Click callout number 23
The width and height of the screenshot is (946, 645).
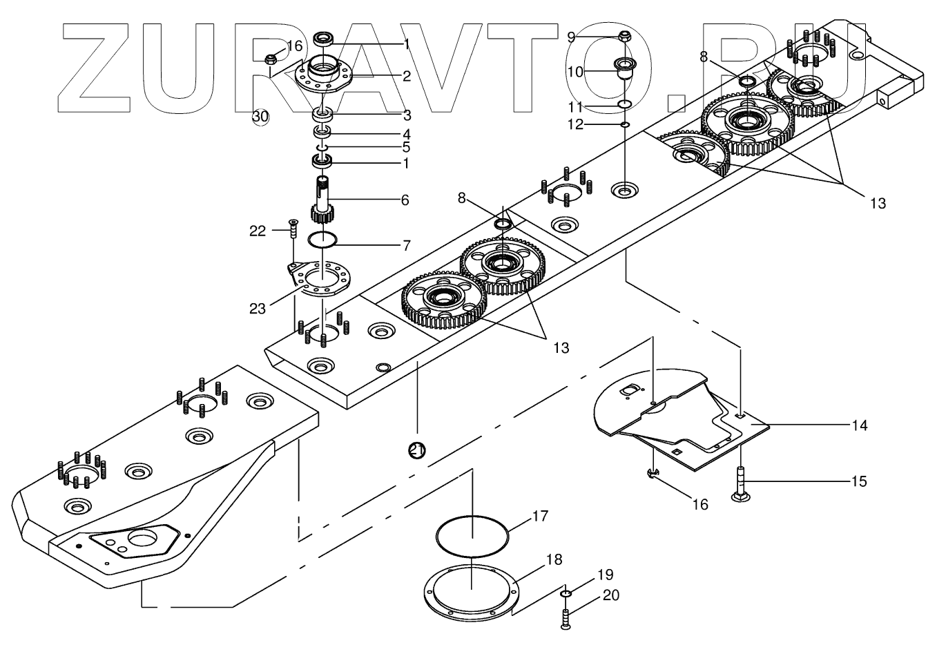point(258,309)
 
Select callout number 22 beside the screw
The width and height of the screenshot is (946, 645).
point(258,231)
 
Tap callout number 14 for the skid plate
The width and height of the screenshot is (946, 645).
point(859,425)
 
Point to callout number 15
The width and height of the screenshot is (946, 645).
point(858,481)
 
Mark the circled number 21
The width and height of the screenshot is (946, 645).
point(416,450)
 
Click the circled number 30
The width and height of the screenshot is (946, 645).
point(260,117)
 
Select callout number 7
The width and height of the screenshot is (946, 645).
point(407,244)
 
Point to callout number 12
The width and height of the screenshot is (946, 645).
point(575,124)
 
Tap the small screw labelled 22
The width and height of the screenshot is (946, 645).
point(292,229)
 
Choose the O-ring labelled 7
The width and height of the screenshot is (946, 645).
point(322,240)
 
